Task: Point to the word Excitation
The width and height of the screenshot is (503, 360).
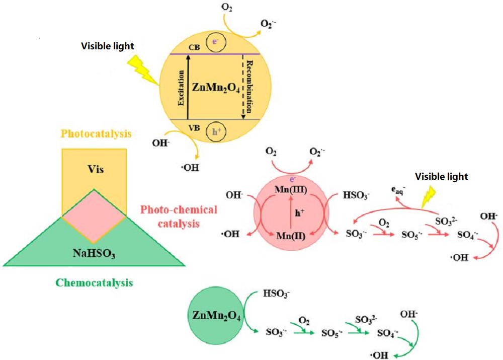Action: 182,89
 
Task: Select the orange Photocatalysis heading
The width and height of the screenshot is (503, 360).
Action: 96,134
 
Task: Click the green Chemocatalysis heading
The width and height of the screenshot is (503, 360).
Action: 94,282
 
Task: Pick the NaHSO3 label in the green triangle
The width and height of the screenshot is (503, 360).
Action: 94,254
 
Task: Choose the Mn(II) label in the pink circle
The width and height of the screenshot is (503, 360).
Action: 290,234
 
